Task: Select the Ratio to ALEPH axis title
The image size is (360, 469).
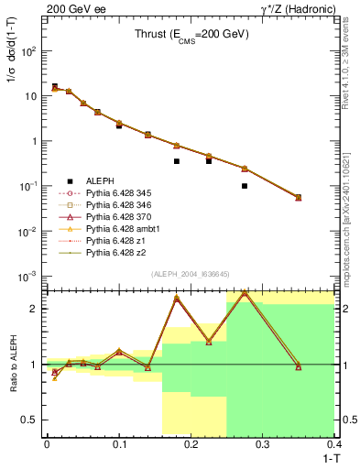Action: [x=12, y=365]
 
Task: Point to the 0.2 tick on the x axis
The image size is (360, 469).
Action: [x=191, y=442]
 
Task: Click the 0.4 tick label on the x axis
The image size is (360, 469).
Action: [x=334, y=442]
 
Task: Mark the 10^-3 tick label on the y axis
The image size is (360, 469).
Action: [x=27, y=275]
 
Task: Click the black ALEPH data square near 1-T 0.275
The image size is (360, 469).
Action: [x=245, y=186]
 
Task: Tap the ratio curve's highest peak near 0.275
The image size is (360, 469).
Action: [x=245, y=292]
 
